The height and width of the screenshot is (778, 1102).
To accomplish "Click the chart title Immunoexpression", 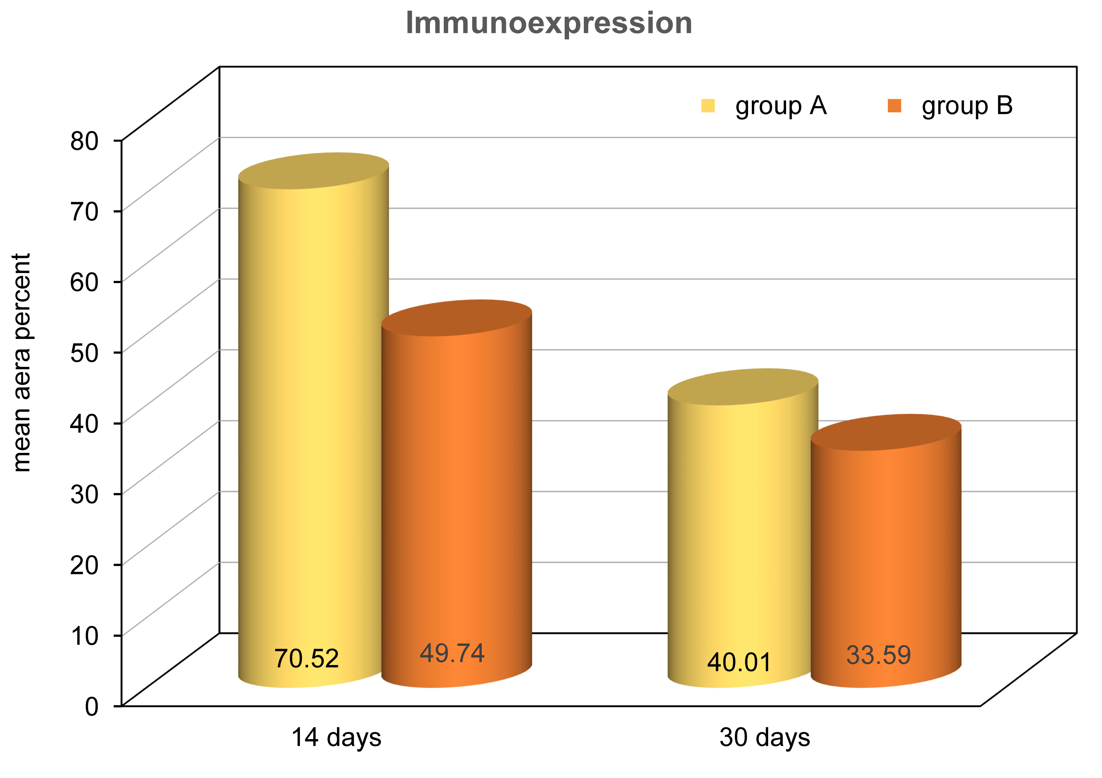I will [x=549, y=23].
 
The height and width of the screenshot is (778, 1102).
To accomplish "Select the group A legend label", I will [x=781, y=106].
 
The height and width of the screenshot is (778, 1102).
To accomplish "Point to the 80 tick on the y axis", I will [x=84, y=141].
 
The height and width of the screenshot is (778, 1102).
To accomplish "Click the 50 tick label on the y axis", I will [x=84, y=353].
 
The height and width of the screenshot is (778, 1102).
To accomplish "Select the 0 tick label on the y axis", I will [x=92, y=706].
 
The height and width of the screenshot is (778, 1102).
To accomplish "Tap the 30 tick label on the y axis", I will [x=84, y=494].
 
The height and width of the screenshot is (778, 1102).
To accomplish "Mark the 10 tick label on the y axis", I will [x=84, y=636].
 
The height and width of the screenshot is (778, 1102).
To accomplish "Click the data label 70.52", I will [x=306, y=658].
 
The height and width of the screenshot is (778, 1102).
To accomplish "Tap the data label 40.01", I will [x=739, y=663].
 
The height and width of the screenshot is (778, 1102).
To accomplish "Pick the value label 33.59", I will [x=878, y=655].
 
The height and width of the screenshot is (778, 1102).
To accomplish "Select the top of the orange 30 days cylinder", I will [x=886, y=432].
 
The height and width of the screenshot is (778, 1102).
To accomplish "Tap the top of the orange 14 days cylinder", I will [x=456, y=318].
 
